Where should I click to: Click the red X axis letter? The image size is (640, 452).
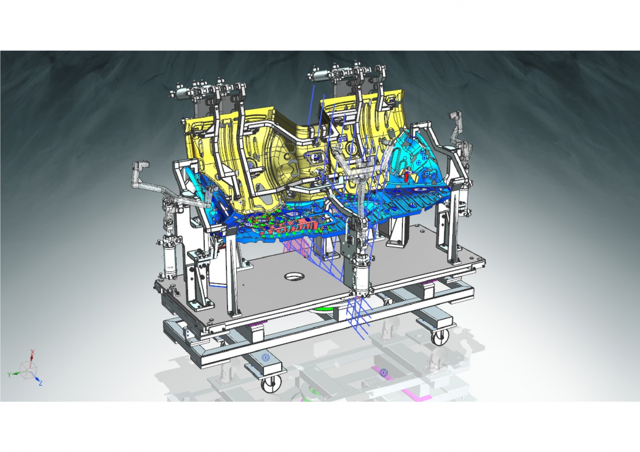(x=32, y=352)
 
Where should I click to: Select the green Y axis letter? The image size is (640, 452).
(x=10, y=374)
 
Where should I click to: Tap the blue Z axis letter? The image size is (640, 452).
(x=41, y=383)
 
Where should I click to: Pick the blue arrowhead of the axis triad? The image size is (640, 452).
(x=37, y=379)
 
